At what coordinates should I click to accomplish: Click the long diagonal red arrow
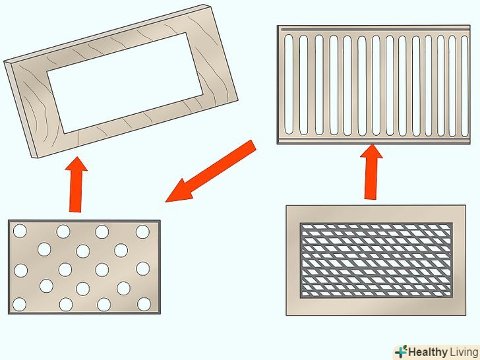(210, 171)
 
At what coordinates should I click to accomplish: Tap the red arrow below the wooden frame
(76, 185)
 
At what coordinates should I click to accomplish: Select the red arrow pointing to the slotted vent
(371, 171)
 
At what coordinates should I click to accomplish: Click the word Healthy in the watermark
(428, 352)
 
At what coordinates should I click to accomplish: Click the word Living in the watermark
(464, 352)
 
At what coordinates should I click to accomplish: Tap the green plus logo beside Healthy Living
(401, 352)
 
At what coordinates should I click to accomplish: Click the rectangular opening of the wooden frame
(125, 82)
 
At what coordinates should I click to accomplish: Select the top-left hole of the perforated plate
(20, 231)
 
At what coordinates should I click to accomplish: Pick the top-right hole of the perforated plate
(142, 231)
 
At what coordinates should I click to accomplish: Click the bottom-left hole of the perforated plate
(19, 305)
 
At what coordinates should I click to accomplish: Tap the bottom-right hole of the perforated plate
(144, 304)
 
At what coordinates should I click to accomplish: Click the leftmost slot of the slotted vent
(289, 84)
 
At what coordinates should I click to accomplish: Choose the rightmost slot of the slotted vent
(464, 86)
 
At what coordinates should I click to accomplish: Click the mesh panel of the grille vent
(376, 260)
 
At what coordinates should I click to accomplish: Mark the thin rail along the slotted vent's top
(376, 30)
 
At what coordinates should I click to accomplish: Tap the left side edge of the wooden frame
(20, 109)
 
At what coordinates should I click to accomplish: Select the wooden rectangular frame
(121, 81)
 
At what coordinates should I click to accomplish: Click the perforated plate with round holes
(84, 267)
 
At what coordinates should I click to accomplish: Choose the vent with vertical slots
(374, 85)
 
